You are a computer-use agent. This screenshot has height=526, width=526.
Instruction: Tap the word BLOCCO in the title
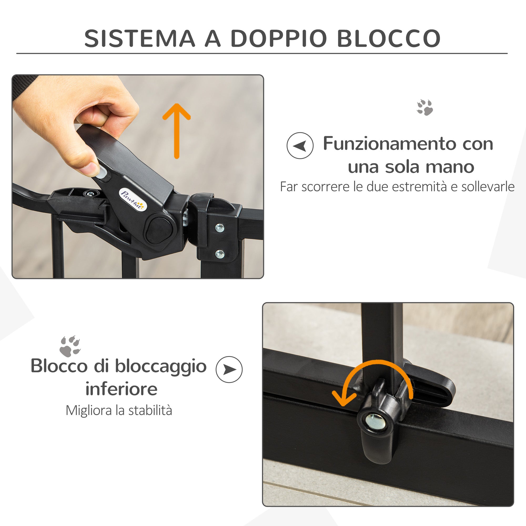pyautogui.click(x=388, y=38)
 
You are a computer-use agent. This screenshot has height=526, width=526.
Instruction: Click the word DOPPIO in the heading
pyautogui.click(x=279, y=38)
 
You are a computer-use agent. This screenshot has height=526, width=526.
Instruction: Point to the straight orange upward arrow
pyautogui.click(x=176, y=131)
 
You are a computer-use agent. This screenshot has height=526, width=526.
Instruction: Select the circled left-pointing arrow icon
pyautogui.click(x=300, y=146)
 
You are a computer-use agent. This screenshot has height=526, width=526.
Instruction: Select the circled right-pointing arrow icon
pyautogui.click(x=229, y=370)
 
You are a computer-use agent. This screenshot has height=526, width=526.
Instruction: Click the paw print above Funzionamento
pyautogui.click(x=425, y=107)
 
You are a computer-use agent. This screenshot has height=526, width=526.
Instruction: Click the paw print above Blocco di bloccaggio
pyautogui.click(x=70, y=346)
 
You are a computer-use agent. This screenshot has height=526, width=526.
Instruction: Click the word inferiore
pyautogui.click(x=122, y=389)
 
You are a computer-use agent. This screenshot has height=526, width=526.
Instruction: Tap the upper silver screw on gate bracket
pyautogui.click(x=219, y=227)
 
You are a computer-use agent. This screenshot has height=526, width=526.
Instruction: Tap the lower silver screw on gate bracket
pyautogui.click(x=219, y=254)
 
